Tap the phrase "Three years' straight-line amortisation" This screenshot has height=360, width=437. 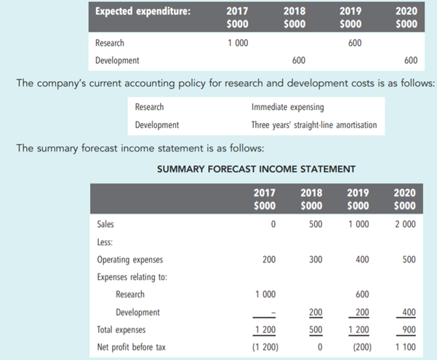point(313,124)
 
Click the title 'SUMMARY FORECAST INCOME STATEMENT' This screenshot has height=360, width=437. point(256,170)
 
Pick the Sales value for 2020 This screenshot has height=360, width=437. point(405,223)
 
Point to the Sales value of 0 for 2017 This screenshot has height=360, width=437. point(273,223)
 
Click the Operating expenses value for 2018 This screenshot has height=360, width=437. point(315,259)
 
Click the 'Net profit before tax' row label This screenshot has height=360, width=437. point(131,347)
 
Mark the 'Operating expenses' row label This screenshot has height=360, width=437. point(129,259)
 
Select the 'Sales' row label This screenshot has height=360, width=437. point(105,223)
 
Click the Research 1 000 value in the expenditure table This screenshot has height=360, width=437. point(237,43)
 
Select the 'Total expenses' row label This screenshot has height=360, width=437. point(121,329)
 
